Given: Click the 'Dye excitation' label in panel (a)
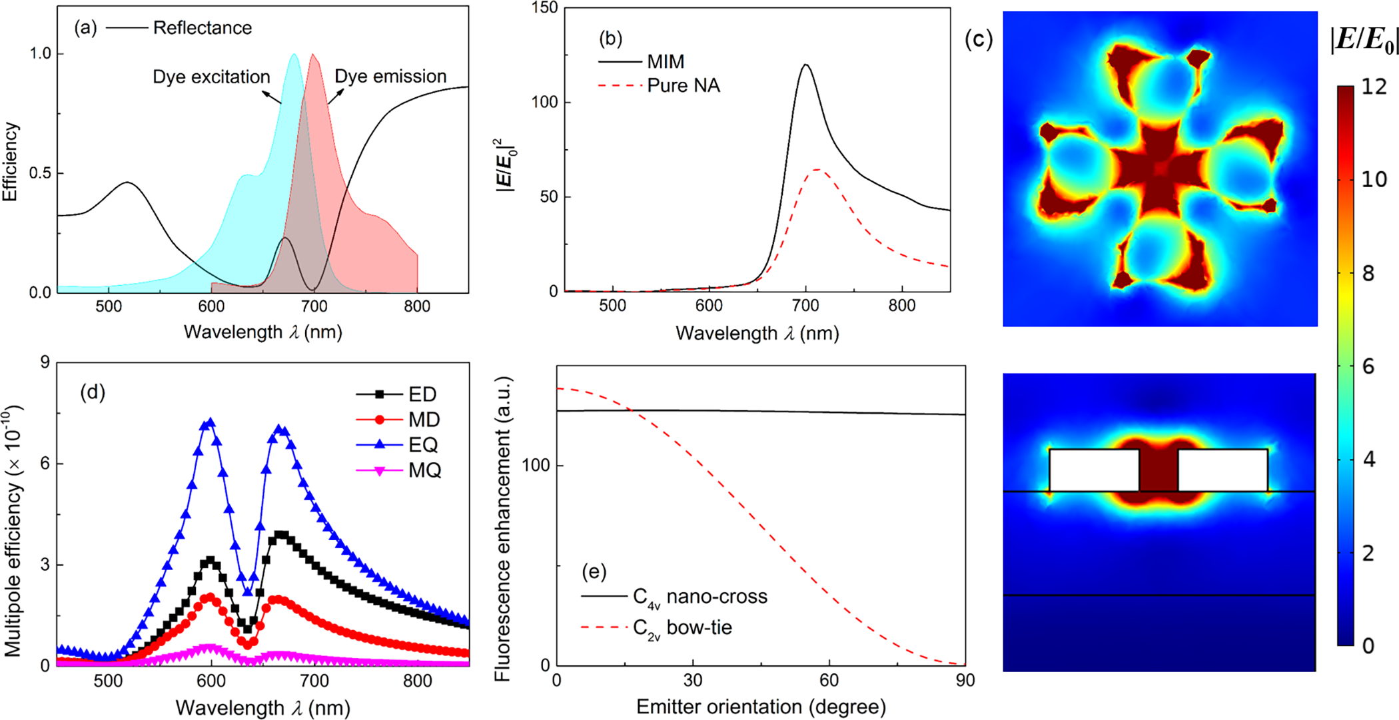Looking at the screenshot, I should (x=211, y=77).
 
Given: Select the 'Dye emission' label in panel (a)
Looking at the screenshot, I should (x=390, y=77).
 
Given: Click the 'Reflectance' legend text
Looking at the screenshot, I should (x=203, y=28).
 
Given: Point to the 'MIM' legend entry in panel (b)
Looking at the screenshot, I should (x=666, y=62).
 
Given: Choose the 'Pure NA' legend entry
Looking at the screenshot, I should (x=684, y=86).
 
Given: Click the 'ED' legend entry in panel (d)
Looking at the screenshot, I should (x=422, y=394).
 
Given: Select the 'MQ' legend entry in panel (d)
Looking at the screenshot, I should (x=425, y=471).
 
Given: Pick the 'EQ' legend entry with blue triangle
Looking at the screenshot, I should (x=423, y=445).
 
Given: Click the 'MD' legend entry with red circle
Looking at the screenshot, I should (x=424, y=420).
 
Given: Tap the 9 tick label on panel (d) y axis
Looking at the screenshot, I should (x=45, y=362).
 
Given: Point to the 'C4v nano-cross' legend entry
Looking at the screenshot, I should (x=699, y=597).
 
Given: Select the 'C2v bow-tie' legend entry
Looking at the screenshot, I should (x=682, y=628).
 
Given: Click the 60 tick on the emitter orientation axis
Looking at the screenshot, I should (x=829, y=681).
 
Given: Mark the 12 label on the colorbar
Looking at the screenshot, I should (x=1374, y=87).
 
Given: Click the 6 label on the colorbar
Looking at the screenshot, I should (x=1368, y=366).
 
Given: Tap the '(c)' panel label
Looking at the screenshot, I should (x=979, y=40).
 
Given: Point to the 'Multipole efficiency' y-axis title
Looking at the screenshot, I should (x=13, y=530).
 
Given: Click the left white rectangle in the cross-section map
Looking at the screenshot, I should (x=1094, y=470).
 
